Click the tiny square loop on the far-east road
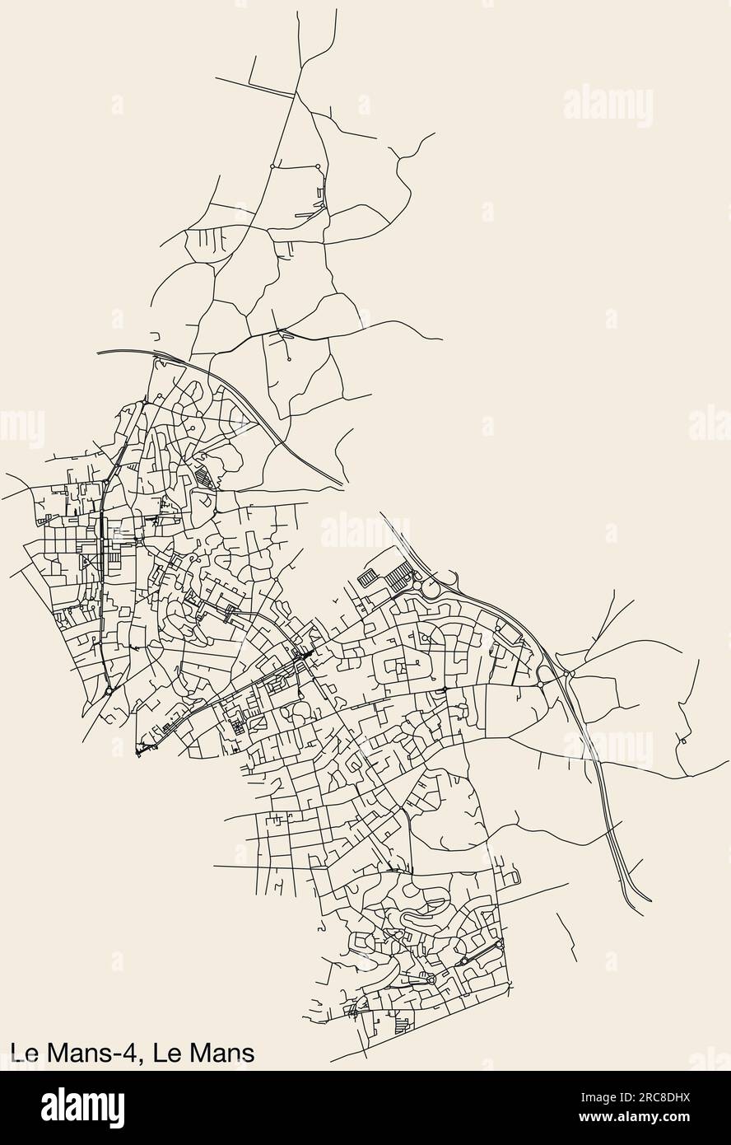coord(683,741)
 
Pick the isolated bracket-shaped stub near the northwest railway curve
coord(155,336)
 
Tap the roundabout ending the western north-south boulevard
coord(109,690)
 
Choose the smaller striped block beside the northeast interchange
coord(369,579)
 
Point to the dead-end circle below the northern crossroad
coord(290,359)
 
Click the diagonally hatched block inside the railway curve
coord(203,478)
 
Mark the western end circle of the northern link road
coord(272,166)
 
